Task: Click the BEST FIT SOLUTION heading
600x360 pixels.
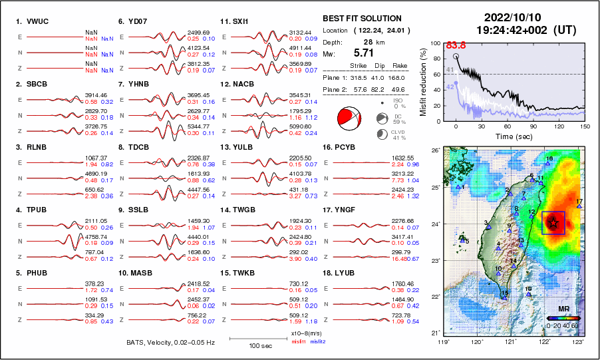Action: (x=361, y=19)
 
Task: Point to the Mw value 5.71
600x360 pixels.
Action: (x=363, y=52)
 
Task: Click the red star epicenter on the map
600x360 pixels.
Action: (x=553, y=222)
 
